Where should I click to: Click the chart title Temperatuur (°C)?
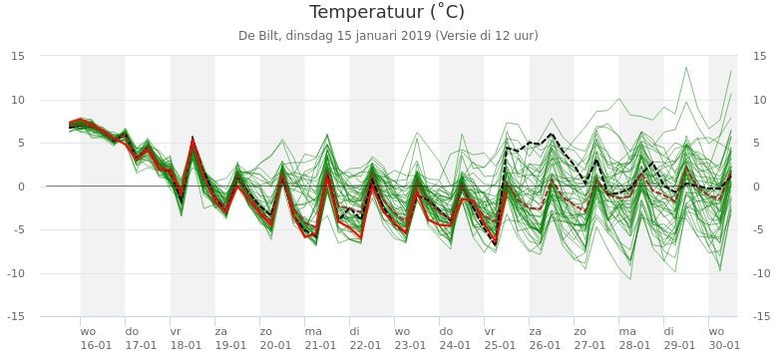pyautogui.click(x=387, y=12)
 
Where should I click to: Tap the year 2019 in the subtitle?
pyautogui.click(x=418, y=36)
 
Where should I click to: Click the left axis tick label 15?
pyautogui.click(x=18, y=56)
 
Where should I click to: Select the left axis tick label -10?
pyautogui.click(x=16, y=273)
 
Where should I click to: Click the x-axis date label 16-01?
pyautogui.click(x=96, y=345)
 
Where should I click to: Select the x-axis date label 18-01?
pyautogui.click(x=187, y=345)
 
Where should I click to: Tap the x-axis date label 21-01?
pyautogui.click(x=320, y=345)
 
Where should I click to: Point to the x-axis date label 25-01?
pyautogui.click(x=500, y=345)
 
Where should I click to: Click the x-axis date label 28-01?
pyautogui.click(x=634, y=345)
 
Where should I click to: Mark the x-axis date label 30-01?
pyautogui.click(x=724, y=345)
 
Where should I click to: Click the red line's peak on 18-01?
pyautogui.click(x=193, y=141)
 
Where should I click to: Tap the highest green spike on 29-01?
pyautogui.click(x=686, y=67)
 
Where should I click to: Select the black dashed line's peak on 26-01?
pyautogui.click(x=552, y=134)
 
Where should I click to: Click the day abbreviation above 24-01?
pyautogui.click(x=446, y=331)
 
